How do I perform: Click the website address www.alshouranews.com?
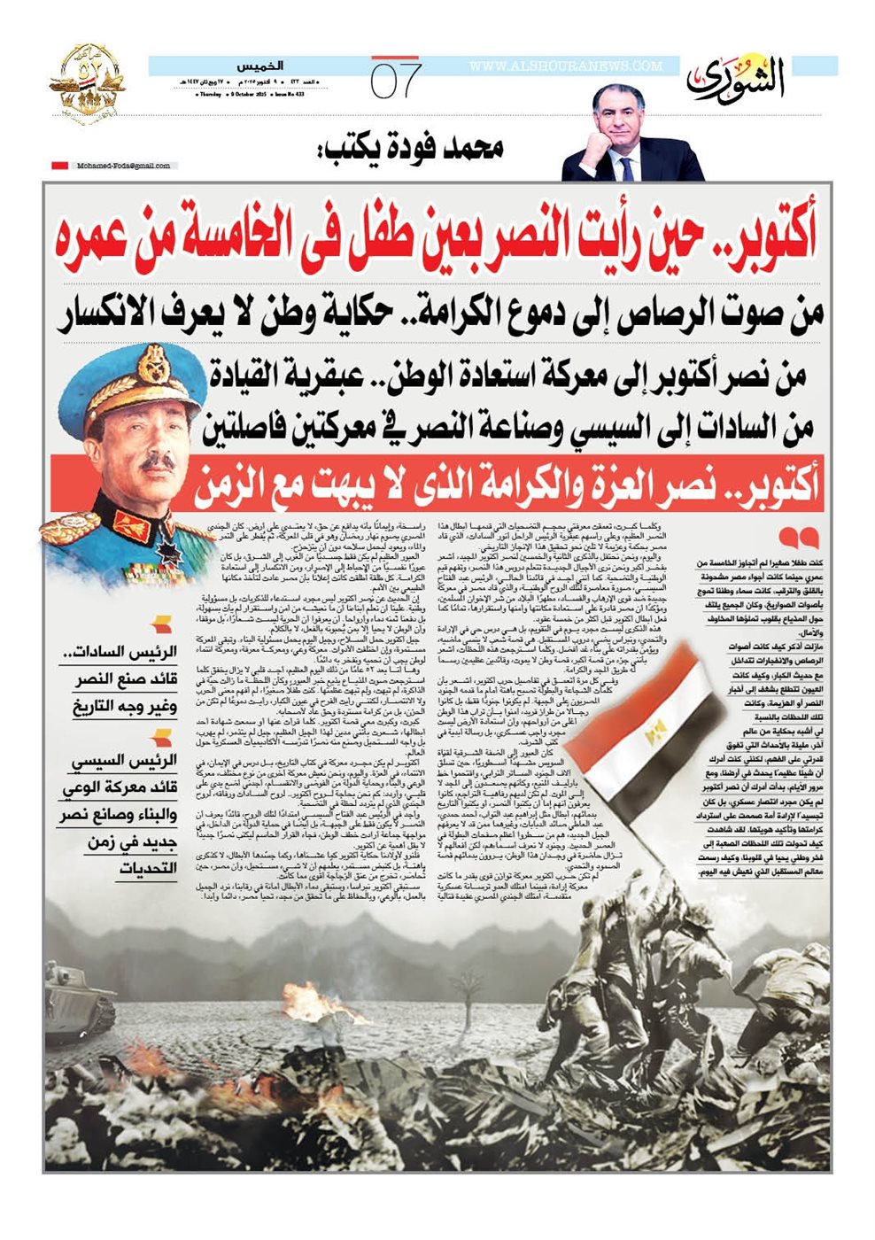pyautogui.click(x=565, y=66)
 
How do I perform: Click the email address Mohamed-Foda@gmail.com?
pyautogui.click(x=123, y=166)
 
